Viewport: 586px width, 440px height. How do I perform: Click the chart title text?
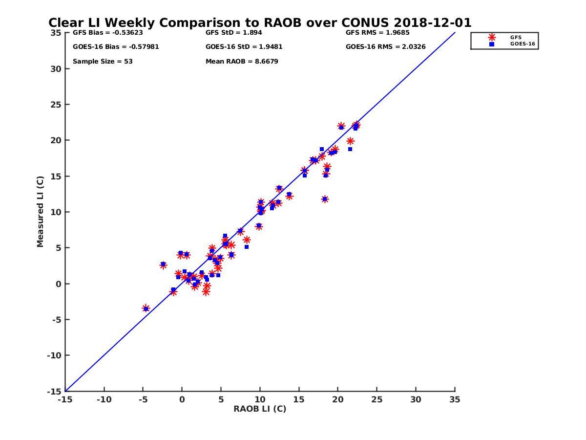point(260,22)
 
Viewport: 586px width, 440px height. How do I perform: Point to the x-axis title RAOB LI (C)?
point(260,409)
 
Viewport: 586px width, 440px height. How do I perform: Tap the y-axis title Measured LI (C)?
point(40,212)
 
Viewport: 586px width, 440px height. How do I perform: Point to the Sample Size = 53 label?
point(103,62)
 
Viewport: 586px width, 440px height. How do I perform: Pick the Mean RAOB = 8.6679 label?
point(242,62)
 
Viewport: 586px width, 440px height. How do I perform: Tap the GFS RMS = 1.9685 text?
point(377,33)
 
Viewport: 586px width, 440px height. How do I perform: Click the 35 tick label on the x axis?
point(455,399)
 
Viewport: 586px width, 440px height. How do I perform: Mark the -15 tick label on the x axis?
point(64,399)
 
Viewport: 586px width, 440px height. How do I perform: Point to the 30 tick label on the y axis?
point(56,69)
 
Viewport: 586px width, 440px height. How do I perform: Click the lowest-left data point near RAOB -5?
point(146,308)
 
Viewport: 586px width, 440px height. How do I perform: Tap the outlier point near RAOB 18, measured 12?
point(325,199)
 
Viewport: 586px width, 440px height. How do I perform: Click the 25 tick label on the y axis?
point(56,105)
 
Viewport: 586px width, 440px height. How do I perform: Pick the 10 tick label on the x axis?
point(260,399)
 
